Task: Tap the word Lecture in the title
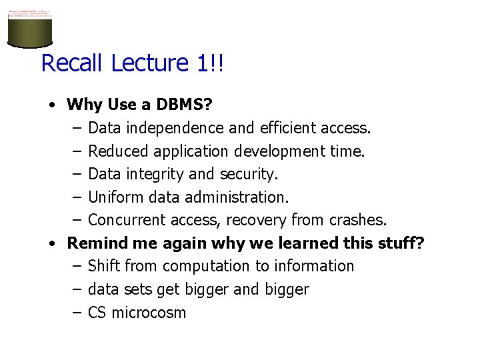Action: pos(151,63)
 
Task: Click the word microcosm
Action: pos(149,313)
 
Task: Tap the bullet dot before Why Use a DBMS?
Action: pos(51,105)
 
